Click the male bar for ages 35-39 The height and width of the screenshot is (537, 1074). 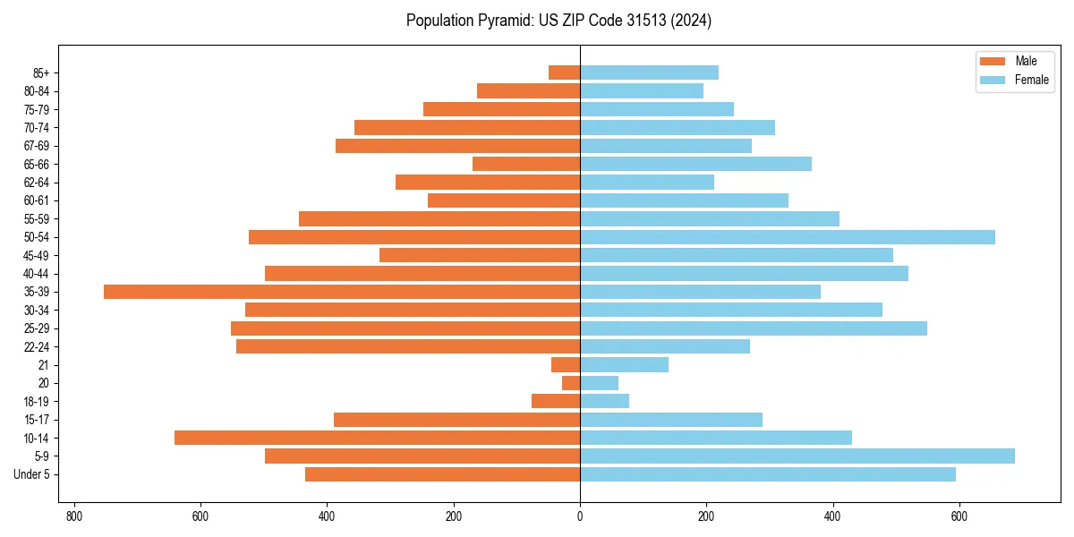[x=342, y=292]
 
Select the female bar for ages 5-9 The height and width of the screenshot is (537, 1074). [x=797, y=456]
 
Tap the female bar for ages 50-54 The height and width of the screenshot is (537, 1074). [x=788, y=237]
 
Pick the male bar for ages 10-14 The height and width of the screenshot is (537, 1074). [x=377, y=438]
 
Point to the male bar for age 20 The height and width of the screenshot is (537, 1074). [x=571, y=383]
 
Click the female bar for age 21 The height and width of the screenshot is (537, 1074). [x=624, y=365]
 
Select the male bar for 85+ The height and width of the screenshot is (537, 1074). [x=564, y=72]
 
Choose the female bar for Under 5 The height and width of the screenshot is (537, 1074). [x=767, y=474]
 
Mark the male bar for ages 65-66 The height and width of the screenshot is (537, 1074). [x=526, y=164]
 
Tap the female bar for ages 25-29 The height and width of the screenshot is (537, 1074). [x=754, y=328]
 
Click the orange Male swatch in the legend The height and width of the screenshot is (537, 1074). [x=993, y=61]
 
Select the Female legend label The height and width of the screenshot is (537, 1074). [x=1031, y=80]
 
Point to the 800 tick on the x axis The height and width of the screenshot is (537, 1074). [x=74, y=516]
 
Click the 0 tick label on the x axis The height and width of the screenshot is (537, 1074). [x=580, y=516]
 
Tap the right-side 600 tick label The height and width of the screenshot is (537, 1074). [x=959, y=516]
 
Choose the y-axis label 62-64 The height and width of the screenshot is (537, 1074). [x=37, y=183]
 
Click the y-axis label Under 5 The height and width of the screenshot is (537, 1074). [x=32, y=474]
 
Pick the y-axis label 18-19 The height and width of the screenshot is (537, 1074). [x=37, y=402]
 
